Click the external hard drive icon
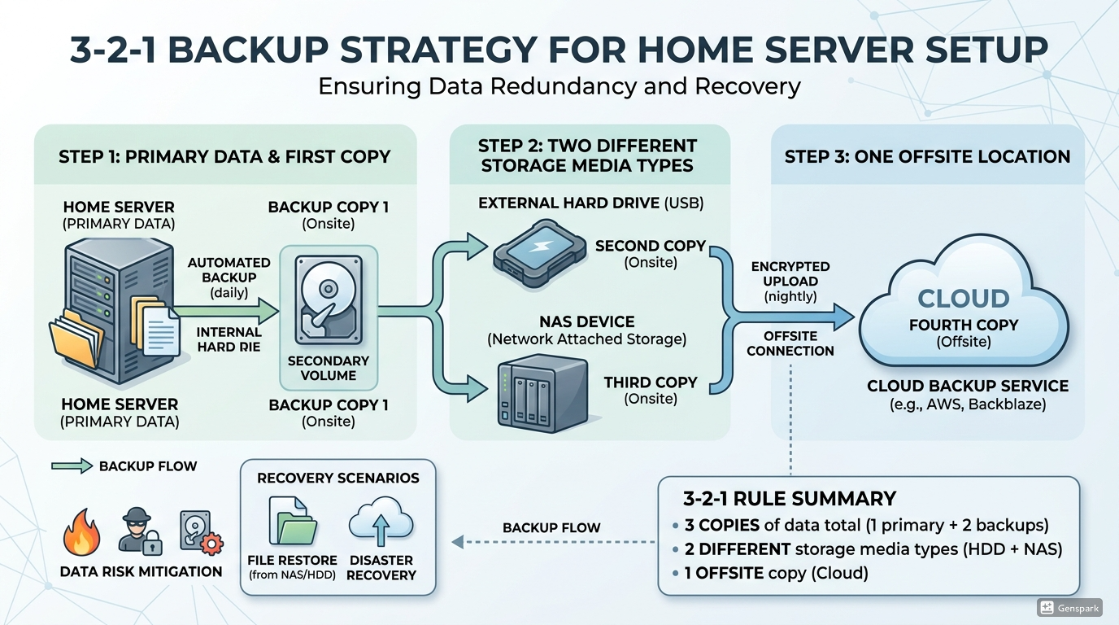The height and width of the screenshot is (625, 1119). (540, 254)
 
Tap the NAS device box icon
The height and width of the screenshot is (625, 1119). (543, 394)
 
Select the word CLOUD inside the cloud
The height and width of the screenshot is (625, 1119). (964, 299)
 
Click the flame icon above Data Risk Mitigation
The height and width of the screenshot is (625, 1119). (82, 532)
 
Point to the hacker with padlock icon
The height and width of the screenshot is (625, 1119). (139, 531)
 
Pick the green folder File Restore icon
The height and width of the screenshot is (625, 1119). (293, 521)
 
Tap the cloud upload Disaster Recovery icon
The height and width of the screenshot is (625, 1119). (381, 522)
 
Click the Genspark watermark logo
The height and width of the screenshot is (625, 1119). (1069, 608)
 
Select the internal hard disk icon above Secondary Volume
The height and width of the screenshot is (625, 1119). (329, 299)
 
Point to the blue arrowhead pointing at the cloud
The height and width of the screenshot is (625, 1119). (844, 317)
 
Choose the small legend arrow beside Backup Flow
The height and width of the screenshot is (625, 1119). (72, 466)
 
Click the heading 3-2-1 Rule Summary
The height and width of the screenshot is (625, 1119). (790, 499)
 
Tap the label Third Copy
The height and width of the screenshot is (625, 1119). (651, 382)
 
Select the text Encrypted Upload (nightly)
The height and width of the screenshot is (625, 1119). (790, 282)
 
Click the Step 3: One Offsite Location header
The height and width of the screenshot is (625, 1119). (927, 156)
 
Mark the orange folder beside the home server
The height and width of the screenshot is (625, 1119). (76, 338)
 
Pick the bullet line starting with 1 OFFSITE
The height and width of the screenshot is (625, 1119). (777, 573)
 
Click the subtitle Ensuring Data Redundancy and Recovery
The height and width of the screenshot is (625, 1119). (559, 86)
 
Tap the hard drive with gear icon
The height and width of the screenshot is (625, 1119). (201, 533)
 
